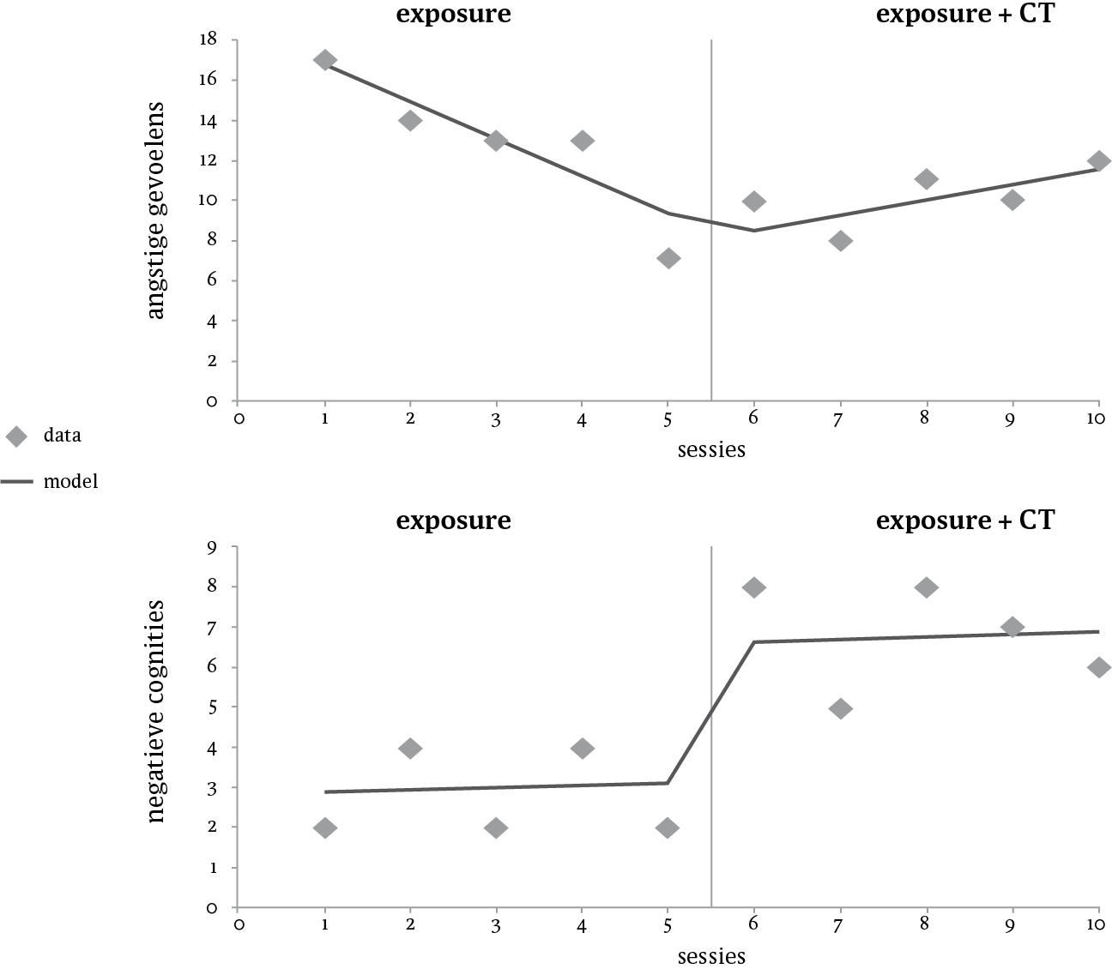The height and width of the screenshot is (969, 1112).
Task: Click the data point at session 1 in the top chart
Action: [324, 60]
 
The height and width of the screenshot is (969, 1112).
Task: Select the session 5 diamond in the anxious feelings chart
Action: [668, 258]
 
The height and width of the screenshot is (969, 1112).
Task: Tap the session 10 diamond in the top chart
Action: [1099, 160]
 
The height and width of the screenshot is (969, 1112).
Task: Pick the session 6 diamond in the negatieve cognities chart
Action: [754, 587]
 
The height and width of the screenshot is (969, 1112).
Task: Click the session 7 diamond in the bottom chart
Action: [840, 708]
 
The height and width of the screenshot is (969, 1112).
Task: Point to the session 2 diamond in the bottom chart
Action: [410, 748]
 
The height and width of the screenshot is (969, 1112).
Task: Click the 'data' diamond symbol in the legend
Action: [16, 436]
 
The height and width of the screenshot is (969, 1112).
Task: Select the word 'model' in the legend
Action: [71, 482]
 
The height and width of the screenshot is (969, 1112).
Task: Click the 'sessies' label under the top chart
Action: [711, 449]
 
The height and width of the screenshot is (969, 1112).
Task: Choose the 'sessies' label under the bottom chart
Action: [711, 955]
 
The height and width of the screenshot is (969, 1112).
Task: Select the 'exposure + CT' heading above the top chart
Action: [964, 15]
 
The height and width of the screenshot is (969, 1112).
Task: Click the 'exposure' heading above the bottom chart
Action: [453, 521]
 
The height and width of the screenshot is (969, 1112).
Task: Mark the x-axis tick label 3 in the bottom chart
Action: [496, 926]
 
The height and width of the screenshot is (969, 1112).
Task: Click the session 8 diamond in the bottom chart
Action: [926, 587]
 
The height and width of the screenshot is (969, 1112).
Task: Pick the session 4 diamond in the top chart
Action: [582, 141]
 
